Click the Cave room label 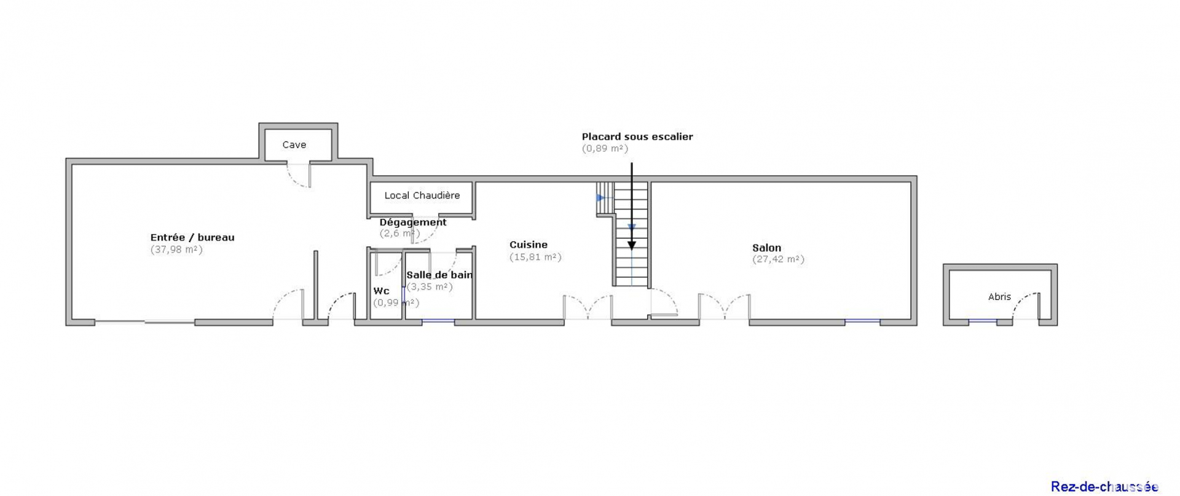tap(294, 145)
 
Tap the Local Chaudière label tap(422, 195)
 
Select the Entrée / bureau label tap(192, 238)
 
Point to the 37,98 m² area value tap(176, 250)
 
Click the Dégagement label tap(413, 222)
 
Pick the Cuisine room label tap(529, 245)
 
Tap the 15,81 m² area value tap(535, 257)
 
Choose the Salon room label tap(766, 248)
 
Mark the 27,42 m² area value tap(778, 259)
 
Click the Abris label tap(999, 297)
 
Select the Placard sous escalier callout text tap(637, 137)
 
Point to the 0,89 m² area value tap(605, 148)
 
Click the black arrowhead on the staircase tap(631, 246)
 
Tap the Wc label tap(381, 291)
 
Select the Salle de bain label tap(439, 275)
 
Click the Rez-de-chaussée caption tap(1104, 487)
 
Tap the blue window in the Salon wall tap(862, 321)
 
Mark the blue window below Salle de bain tap(438, 321)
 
